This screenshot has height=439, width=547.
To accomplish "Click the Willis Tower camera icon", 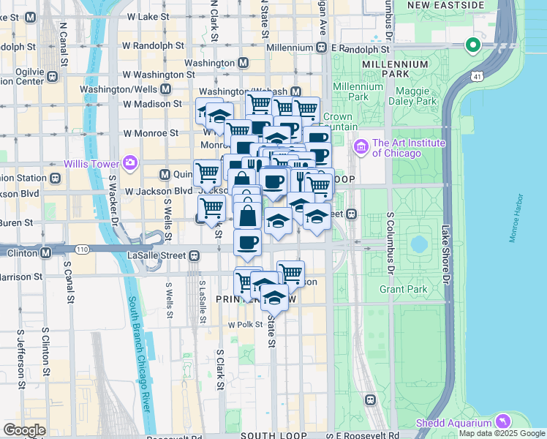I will (130, 162).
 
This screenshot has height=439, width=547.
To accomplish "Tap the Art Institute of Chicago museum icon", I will (360, 148).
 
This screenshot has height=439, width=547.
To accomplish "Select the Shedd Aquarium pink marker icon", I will (502, 421).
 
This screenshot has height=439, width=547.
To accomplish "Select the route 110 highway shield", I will (81, 249).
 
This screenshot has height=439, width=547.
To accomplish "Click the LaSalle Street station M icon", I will (194, 255).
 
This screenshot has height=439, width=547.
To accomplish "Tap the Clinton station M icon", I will (45, 252).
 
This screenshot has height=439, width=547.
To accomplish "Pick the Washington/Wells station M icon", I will (165, 89).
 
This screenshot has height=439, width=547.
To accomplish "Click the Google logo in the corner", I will (24, 429).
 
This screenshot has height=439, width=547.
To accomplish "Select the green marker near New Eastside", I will (472, 45).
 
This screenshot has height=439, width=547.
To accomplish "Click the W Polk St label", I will (244, 324).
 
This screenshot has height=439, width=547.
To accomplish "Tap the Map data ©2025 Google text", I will (502, 433).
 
